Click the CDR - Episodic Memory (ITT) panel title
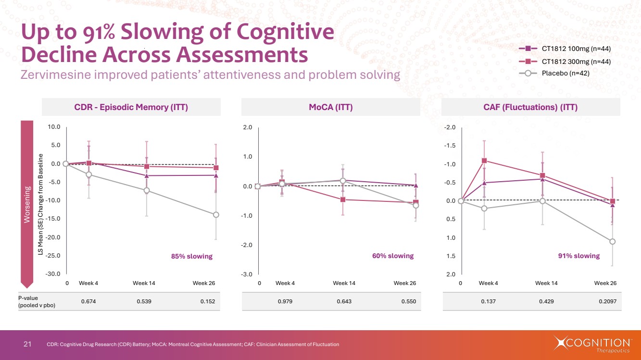(x=131, y=108)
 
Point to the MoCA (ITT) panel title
(x=330, y=108)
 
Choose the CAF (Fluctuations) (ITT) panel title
(x=530, y=108)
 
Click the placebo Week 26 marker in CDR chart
(x=216, y=215)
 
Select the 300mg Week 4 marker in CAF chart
(x=484, y=161)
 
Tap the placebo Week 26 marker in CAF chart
(x=612, y=241)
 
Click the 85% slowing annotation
(x=192, y=256)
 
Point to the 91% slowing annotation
(x=579, y=256)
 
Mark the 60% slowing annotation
(x=393, y=256)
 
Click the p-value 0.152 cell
(x=208, y=302)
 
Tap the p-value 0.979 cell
(x=285, y=302)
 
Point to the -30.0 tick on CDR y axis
(x=53, y=274)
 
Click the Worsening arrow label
(x=27, y=204)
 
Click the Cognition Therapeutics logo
(x=592, y=344)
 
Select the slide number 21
(x=27, y=344)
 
